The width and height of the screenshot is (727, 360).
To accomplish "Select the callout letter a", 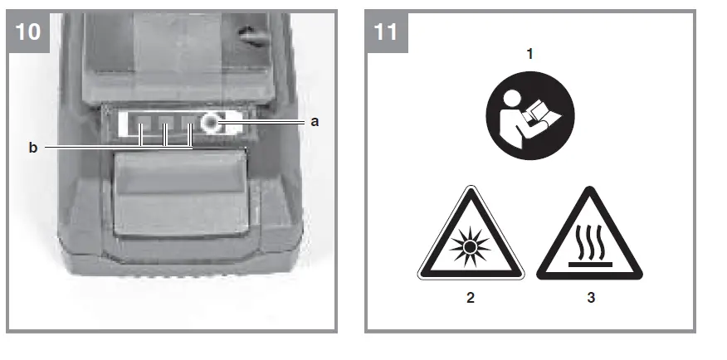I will pos(315,121).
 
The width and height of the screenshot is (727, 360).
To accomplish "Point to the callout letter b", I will pos(32,148).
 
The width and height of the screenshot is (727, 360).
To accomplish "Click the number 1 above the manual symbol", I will pos(530,54).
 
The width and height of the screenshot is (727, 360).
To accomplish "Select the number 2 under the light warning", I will pos(471,298).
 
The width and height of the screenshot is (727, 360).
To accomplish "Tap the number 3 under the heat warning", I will pos(590,298).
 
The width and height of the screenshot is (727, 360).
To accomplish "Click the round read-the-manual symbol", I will pos(530,116).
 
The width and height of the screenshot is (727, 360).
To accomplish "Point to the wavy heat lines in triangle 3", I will pos(590,243).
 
